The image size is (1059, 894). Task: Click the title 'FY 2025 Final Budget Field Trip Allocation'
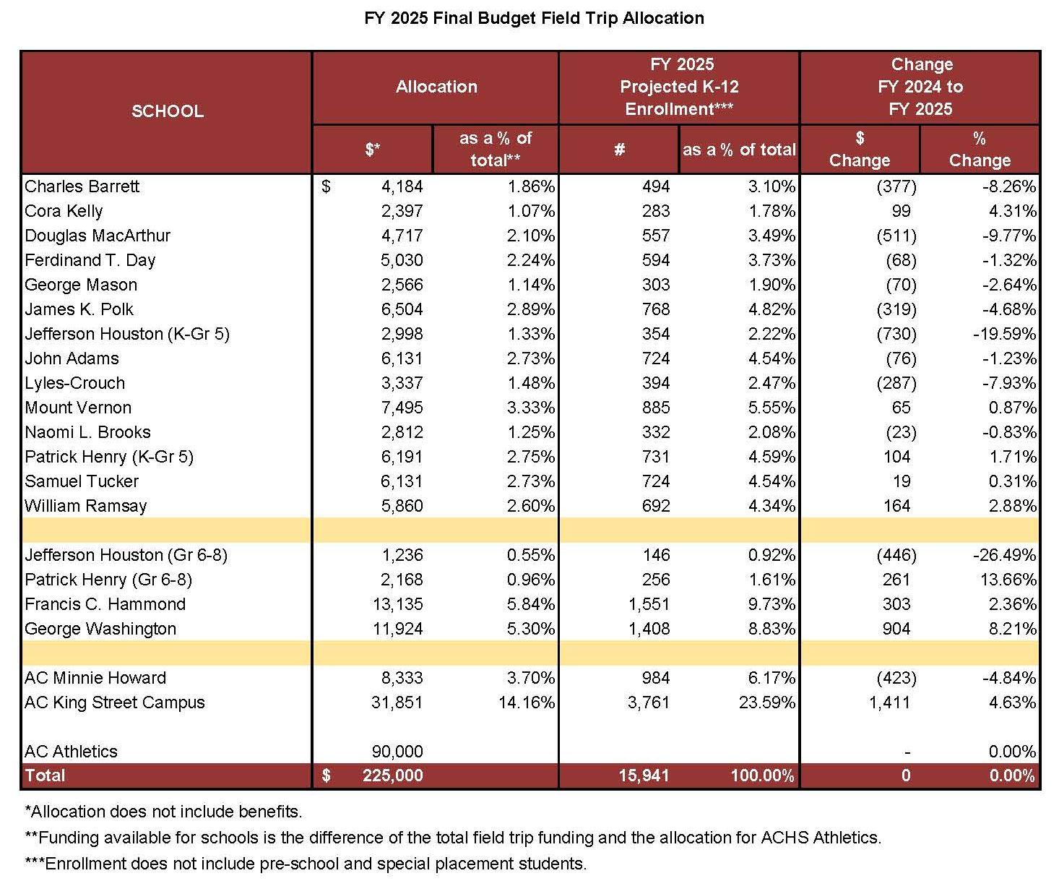point(534,18)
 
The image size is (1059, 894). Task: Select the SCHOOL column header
point(167,111)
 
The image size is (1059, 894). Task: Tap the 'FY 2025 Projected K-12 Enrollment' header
point(679,87)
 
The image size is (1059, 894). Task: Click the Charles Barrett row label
point(82,186)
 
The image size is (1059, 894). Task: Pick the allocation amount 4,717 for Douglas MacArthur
point(402,236)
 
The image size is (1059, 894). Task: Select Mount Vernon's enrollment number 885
point(655,408)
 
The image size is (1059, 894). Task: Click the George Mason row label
point(81,285)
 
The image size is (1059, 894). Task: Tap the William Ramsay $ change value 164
point(896,506)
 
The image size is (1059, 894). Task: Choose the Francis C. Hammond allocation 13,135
point(397,604)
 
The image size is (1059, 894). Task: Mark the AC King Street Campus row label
point(115,702)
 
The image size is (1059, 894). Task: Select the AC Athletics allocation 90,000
point(397,752)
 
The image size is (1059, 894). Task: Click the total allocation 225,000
point(392,776)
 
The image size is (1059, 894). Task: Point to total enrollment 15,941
point(644,776)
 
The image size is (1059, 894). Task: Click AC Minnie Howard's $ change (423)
point(896,678)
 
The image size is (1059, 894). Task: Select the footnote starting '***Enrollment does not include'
point(306,864)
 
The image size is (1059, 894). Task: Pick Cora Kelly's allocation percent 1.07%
point(531,211)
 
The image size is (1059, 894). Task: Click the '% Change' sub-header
point(980,150)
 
